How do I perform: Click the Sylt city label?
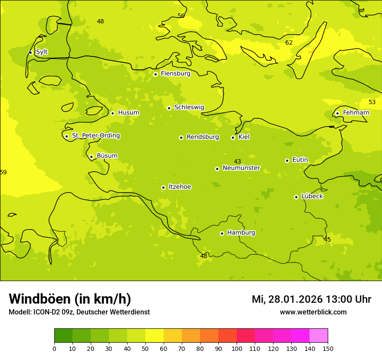click(42, 52)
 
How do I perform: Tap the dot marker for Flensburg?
click(155, 74)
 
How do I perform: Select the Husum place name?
click(128, 113)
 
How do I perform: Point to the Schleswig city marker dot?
click(169, 108)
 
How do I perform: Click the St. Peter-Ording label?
click(95, 136)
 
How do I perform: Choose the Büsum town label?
click(107, 156)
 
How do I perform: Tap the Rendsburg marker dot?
click(181, 137)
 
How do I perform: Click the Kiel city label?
click(244, 137)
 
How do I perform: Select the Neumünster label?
click(241, 168)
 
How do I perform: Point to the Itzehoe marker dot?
click(163, 187)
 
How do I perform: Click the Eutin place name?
click(300, 160)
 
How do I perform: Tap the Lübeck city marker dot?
click(296, 197)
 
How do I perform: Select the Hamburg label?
click(241, 233)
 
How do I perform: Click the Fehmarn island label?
click(356, 113)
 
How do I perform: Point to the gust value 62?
click(289, 43)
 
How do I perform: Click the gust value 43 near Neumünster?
click(237, 161)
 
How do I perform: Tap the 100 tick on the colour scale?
click(237, 348)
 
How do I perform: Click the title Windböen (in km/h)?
click(70, 299)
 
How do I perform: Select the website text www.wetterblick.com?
click(313, 312)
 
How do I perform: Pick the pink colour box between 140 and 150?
click(319, 336)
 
